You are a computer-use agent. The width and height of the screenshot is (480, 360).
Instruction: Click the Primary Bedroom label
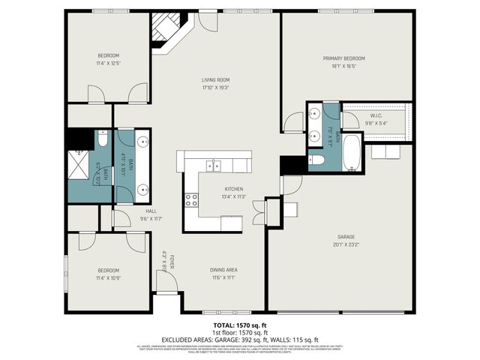coord(343,58)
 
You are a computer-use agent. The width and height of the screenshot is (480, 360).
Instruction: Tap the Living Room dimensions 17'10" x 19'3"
coord(215,88)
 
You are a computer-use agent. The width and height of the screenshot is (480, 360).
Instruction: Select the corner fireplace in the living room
coord(163,32)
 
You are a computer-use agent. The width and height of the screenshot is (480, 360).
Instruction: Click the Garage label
coord(346,236)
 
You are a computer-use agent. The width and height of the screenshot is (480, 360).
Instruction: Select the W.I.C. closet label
coord(376,115)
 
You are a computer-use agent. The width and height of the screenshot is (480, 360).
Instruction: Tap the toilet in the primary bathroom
coord(316,160)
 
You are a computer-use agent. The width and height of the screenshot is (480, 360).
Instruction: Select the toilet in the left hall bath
coord(103,140)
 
